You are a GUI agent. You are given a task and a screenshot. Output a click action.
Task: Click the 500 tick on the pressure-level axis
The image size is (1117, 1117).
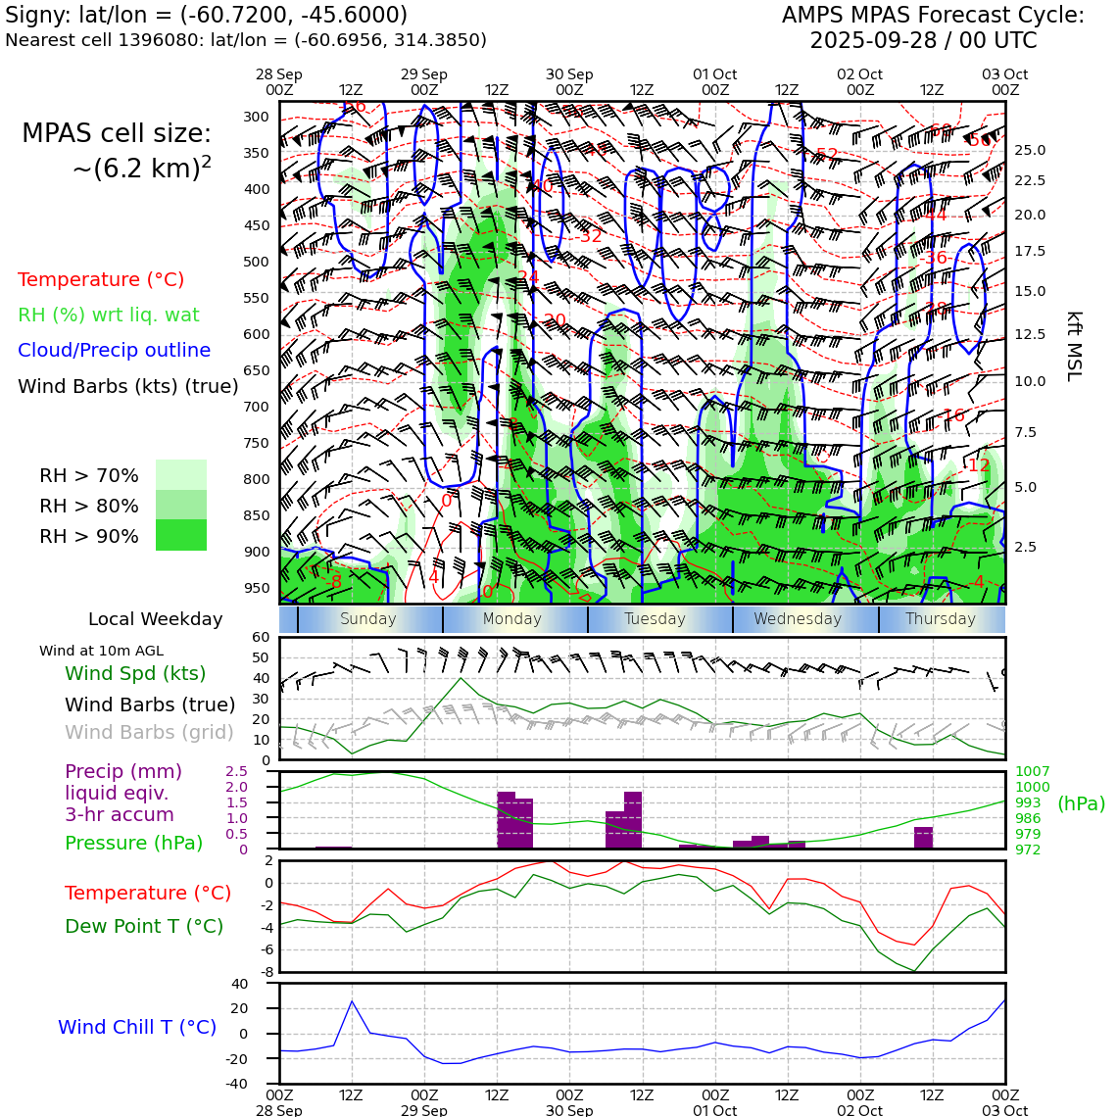[256, 262]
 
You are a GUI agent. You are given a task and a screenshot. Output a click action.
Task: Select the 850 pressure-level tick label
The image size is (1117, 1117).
[256, 515]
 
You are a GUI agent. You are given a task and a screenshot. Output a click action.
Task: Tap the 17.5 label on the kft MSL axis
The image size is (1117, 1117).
[1029, 252]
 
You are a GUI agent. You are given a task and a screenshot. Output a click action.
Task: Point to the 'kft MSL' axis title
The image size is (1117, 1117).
[1074, 346]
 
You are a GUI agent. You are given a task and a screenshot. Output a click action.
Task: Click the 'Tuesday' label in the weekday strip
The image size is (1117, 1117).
[655, 619]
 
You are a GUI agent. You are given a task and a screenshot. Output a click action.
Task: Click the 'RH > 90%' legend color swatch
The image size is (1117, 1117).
[181, 535]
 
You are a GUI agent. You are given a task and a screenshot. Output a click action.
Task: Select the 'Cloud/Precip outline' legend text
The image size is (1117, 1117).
[114, 350]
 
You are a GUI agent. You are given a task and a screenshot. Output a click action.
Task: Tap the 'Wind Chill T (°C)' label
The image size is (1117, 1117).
[137, 1027]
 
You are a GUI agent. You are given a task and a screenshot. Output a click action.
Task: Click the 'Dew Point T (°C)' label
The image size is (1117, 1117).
[144, 926]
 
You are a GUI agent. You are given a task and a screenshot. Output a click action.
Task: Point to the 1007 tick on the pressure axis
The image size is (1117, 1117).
[1032, 772]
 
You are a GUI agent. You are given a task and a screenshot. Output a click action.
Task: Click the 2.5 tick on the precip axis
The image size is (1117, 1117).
[236, 772]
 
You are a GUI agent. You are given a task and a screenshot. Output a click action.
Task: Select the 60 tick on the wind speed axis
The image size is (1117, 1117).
[260, 637]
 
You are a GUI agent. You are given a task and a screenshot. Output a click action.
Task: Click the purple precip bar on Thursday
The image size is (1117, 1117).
[923, 838]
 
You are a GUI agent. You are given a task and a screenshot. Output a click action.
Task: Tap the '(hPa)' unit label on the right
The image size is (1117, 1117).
[1081, 803]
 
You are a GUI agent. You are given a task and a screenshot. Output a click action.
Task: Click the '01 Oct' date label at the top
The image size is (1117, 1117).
[714, 74]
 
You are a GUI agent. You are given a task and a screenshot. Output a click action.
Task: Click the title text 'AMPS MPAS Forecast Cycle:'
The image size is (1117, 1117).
[933, 16]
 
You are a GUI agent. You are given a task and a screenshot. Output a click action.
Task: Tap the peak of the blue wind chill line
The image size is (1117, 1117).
[352, 1000]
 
